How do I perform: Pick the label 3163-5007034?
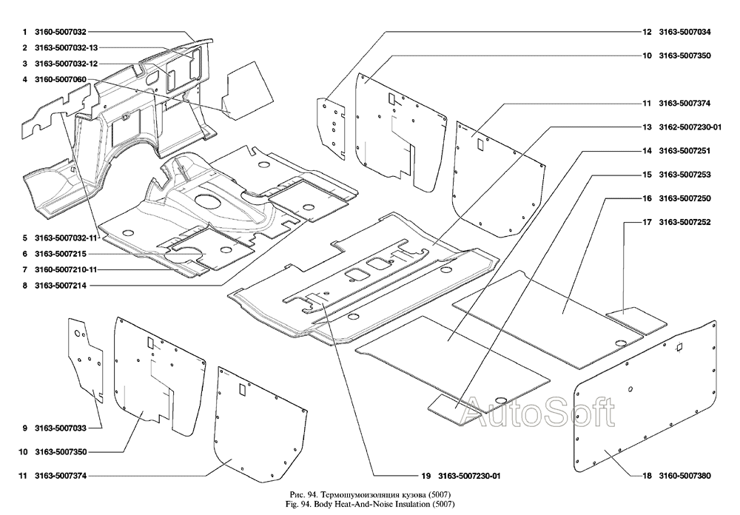click(684, 33)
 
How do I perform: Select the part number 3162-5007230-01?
click(691, 127)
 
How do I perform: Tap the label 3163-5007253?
click(684, 175)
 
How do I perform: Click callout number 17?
click(646, 222)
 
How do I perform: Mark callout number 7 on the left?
click(24, 269)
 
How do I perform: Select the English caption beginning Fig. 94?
click(368, 503)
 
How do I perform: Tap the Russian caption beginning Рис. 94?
click(368, 494)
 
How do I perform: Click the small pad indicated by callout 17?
click(636, 320)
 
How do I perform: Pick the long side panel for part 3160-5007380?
click(644, 400)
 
